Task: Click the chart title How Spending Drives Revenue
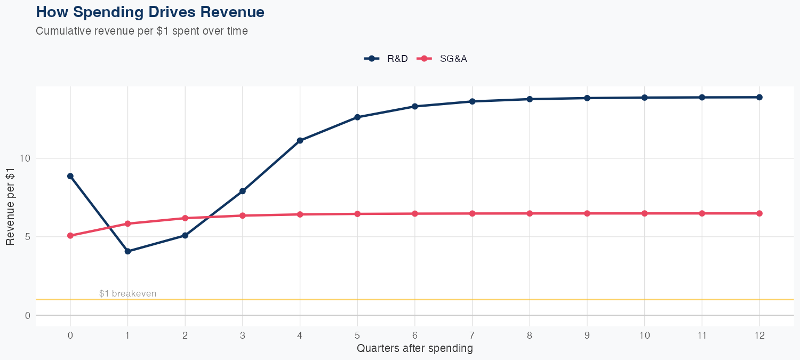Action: [150, 12]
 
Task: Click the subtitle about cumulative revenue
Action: [141, 31]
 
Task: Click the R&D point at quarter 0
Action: [70, 176]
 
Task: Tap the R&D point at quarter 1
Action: [127, 251]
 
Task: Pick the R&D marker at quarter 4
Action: [300, 141]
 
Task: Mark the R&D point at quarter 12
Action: [759, 97]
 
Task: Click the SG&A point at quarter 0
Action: [70, 236]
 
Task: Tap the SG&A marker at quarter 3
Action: [243, 215]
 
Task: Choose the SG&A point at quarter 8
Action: [530, 213]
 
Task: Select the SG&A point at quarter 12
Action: [759, 213]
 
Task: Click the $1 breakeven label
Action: [127, 294]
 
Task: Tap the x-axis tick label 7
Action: [472, 335]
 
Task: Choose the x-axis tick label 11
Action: [702, 335]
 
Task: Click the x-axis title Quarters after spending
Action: [414, 349]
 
